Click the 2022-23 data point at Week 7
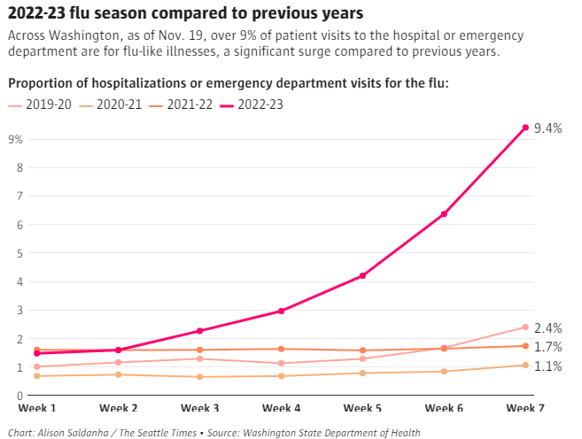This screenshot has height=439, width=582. (525, 127)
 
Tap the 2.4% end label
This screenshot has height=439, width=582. (548, 327)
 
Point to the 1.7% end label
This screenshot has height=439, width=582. (548, 347)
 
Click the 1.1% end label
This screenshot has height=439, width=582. (548, 366)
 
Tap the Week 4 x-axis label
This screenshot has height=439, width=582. (281, 408)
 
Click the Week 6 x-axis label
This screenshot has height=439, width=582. (444, 408)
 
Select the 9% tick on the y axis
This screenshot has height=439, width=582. (15, 139)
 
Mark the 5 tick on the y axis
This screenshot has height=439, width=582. (19, 253)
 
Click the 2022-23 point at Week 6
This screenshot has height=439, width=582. (444, 214)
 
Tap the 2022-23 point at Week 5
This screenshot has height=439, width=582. (362, 276)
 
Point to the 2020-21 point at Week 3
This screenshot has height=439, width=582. (199, 377)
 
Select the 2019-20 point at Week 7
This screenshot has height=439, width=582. (525, 327)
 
